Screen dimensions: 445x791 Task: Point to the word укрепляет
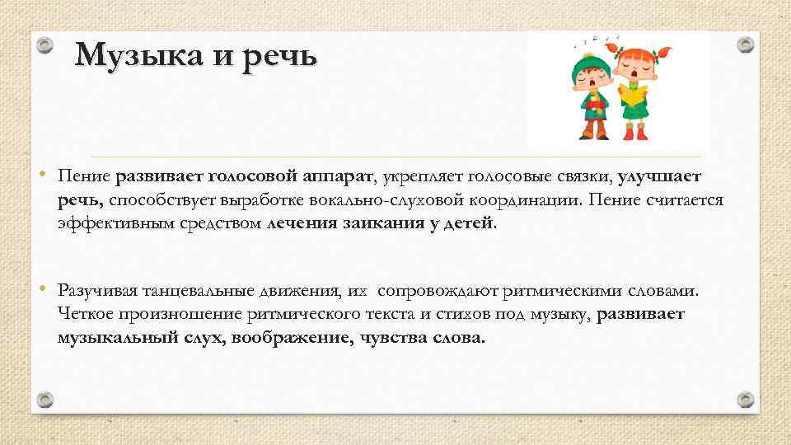(421, 176)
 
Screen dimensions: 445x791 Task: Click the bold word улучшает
(659, 176)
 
